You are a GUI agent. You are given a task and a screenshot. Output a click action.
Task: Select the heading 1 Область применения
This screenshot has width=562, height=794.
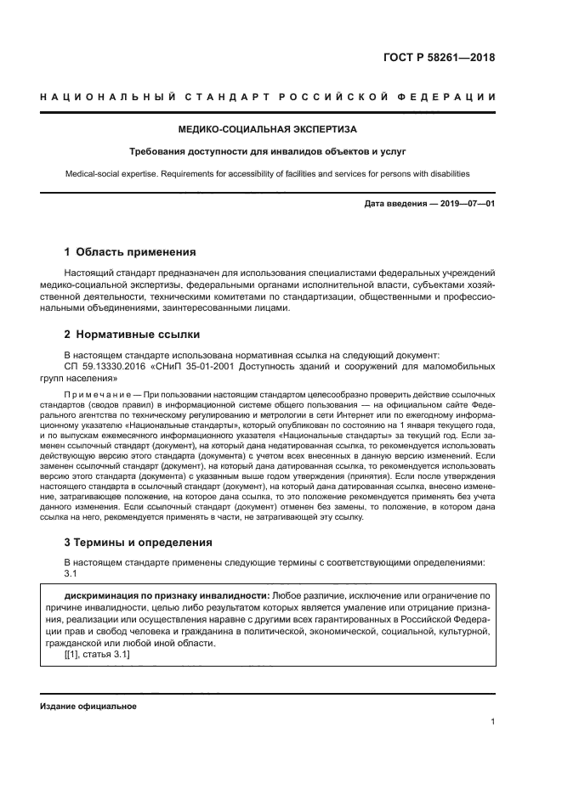pyautogui.click(x=131, y=252)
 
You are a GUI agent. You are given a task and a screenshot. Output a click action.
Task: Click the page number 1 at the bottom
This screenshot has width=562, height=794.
pyautogui.click(x=492, y=722)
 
